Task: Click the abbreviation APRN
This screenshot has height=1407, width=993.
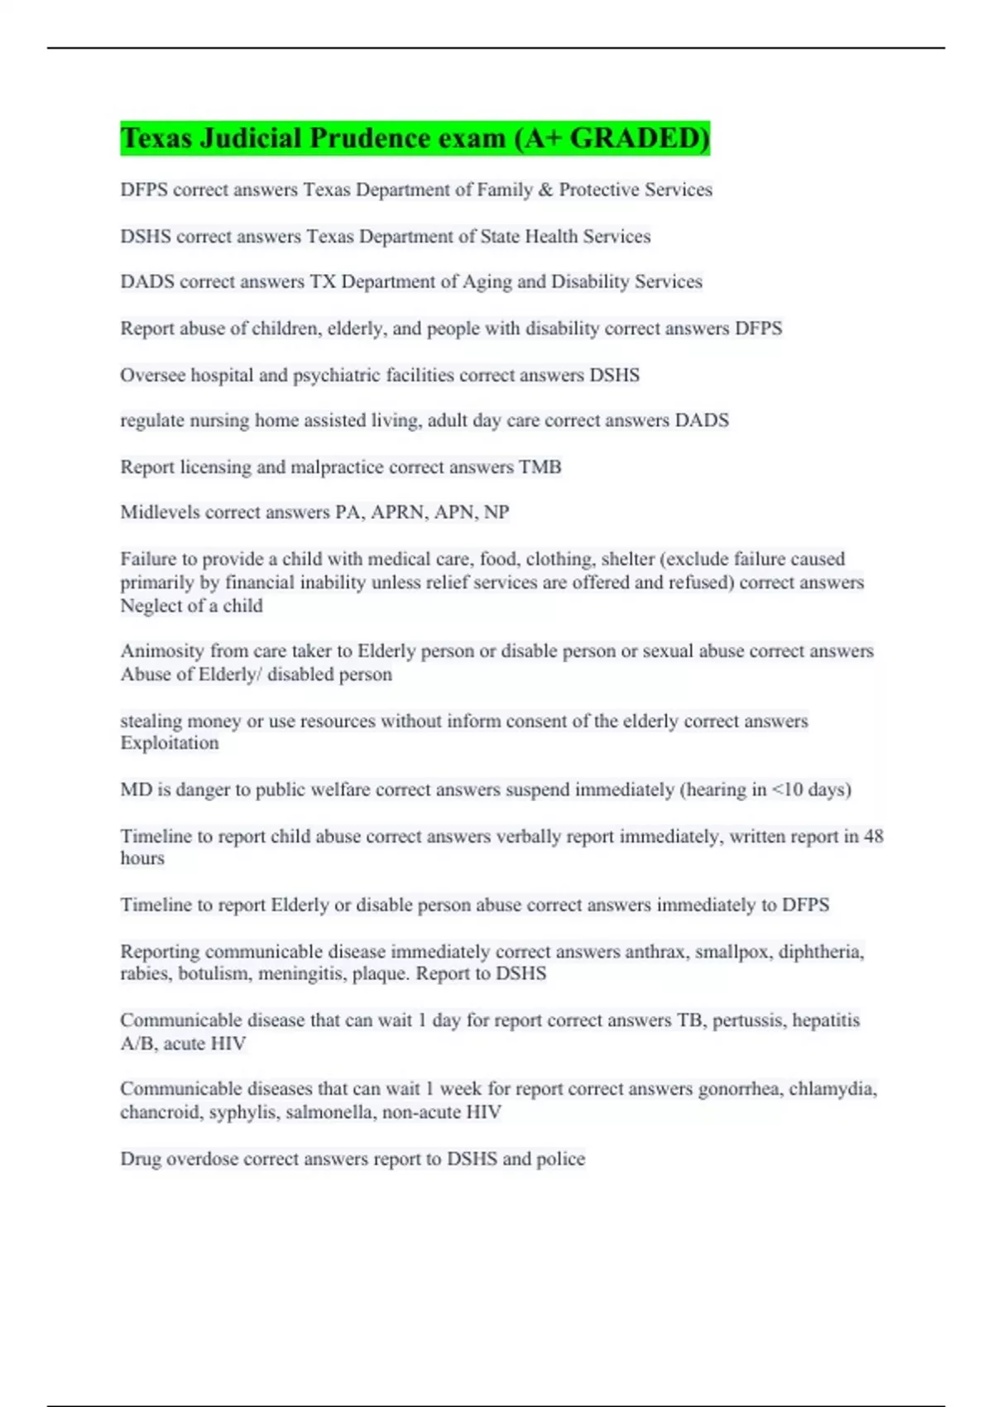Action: tap(399, 512)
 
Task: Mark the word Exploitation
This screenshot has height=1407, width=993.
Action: tap(170, 743)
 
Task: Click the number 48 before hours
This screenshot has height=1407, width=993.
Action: tap(873, 837)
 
